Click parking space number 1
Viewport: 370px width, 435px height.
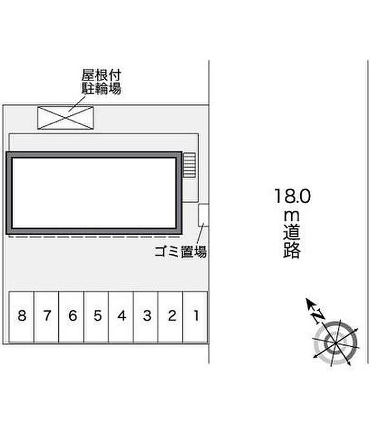tap(196, 317)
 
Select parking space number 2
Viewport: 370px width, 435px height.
tap(170, 317)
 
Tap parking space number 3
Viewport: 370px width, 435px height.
tap(145, 317)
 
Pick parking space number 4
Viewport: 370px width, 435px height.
tap(121, 317)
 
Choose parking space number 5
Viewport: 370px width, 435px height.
tap(96, 317)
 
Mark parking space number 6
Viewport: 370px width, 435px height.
tap(71, 317)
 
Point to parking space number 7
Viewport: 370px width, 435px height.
tap(47, 317)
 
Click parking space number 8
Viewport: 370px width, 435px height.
tap(22, 317)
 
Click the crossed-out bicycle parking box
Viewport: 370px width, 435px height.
tap(66, 118)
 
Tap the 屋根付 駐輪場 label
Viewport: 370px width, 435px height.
tap(101, 82)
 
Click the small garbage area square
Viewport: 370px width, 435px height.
tap(203, 215)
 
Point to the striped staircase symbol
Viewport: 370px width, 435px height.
tap(190, 165)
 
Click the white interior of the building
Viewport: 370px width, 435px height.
tap(94, 193)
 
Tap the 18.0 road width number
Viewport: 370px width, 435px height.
tap(293, 196)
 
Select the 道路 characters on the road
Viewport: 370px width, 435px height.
tap(292, 242)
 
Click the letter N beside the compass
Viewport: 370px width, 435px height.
tap(318, 316)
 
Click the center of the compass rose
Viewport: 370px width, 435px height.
tap(335, 343)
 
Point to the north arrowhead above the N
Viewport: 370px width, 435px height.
tap(309, 303)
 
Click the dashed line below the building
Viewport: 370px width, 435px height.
tap(94, 237)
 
